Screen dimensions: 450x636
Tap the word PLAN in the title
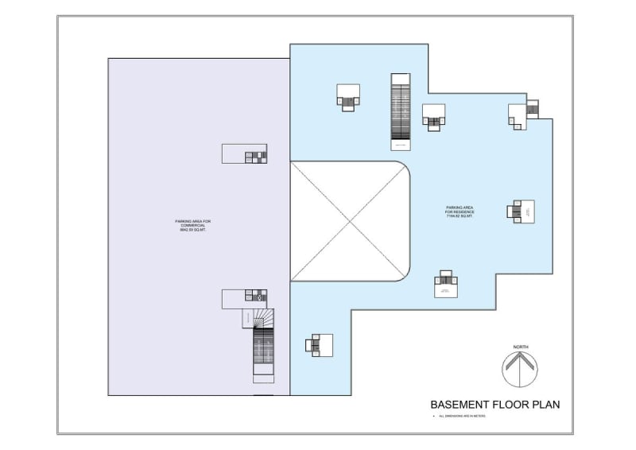point(545,405)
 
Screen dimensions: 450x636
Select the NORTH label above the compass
point(521,347)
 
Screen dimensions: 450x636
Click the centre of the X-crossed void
point(350,222)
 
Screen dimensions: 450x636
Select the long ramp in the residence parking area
point(401,111)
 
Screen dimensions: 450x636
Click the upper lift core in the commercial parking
point(245,153)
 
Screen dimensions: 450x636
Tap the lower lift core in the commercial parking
point(245,298)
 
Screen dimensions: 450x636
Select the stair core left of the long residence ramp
point(348,97)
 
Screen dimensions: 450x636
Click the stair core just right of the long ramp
point(433,117)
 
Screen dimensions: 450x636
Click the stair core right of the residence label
point(522,211)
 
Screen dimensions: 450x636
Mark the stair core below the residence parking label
point(446,285)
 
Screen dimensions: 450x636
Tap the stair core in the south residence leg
point(319,345)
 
